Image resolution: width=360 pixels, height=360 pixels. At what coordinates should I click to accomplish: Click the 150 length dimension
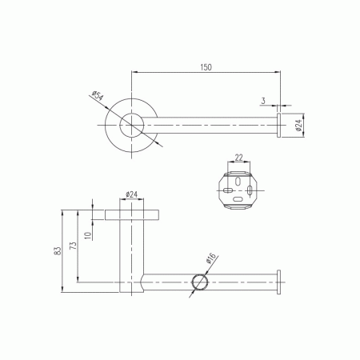(206, 67)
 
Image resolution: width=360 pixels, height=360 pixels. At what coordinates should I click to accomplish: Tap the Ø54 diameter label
(98, 96)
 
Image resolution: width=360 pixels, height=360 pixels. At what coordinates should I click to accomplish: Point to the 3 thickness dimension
(263, 101)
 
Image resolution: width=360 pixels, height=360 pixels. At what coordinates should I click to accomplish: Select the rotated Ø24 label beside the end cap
(298, 125)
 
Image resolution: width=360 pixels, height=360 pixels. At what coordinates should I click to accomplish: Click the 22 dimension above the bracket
(238, 158)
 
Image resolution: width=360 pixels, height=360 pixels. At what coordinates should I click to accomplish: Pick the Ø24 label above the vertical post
(131, 194)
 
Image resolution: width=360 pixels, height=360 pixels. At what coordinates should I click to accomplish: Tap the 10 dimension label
(88, 235)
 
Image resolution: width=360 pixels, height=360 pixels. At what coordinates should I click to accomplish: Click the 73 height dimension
(73, 246)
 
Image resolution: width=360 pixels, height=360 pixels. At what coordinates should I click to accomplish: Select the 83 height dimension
(58, 251)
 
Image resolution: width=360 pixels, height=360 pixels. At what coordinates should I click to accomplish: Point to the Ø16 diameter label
(210, 258)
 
